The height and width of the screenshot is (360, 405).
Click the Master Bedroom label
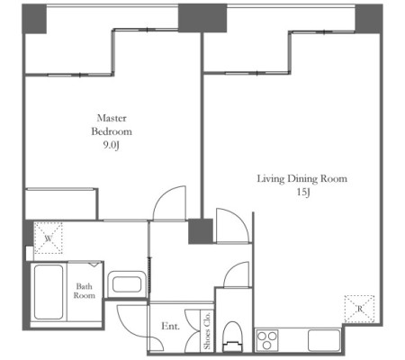click(112, 125)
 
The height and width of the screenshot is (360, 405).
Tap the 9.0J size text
click(112, 146)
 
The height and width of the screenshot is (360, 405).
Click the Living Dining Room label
click(302, 179)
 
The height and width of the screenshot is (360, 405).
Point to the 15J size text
click(303, 192)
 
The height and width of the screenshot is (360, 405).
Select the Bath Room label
click(85, 291)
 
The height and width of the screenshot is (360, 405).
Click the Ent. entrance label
click(170, 326)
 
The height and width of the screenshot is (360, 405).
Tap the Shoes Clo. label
click(207, 331)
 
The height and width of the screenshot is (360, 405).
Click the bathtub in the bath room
click(49, 292)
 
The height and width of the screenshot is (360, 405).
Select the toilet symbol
click(232, 337)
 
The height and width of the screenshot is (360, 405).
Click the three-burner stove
click(267, 340)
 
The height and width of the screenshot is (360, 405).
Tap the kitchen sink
click(324, 340)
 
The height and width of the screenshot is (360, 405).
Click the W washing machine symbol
click(48, 238)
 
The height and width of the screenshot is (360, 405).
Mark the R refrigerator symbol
click(359, 309)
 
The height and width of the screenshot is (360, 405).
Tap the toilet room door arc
click(231, 269)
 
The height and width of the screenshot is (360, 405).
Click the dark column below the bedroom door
click(201, 231)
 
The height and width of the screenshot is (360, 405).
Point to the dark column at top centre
click(202, 18)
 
